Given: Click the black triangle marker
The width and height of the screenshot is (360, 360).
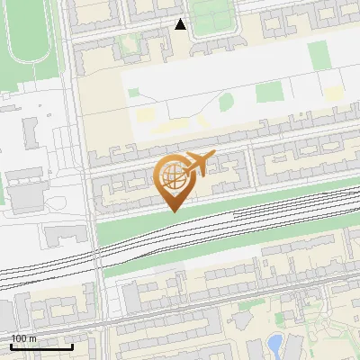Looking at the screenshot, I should click(x=180, y=24).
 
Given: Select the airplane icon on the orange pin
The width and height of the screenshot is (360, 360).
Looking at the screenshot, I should click(x=199, y=163).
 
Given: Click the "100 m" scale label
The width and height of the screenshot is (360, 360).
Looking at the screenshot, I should click(x=23, y=338).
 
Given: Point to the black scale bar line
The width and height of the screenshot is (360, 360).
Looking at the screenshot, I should click(x=41, y=346).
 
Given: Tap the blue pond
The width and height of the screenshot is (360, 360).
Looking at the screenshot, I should click(x=275, y=342).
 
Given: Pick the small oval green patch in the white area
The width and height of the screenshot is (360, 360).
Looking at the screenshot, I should click(x=225, y=102).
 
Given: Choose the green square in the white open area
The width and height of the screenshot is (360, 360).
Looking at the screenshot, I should click(x=267, y=92).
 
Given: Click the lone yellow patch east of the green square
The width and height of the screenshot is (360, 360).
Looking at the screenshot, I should click(x=334, y=93).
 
